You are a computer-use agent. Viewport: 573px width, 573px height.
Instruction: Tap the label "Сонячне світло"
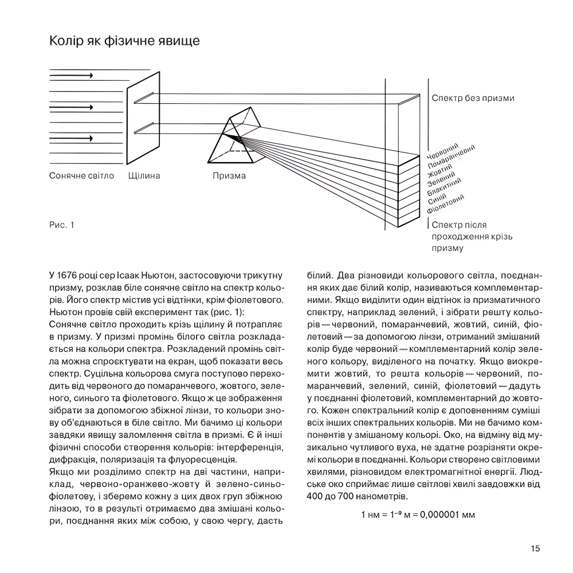point(82,176)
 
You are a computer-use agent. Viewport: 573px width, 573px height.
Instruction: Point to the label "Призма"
point(229,176)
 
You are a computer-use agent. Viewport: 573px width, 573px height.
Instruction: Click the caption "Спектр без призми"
point(473,98)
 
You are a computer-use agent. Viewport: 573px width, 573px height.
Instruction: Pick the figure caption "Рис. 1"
point(62,225)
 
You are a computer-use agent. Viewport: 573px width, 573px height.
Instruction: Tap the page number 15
point(535,548)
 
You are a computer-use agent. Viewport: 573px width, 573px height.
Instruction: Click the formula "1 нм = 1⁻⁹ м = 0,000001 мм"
point(418,515)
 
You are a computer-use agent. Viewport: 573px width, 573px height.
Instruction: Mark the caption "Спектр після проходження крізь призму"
point(472,237)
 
